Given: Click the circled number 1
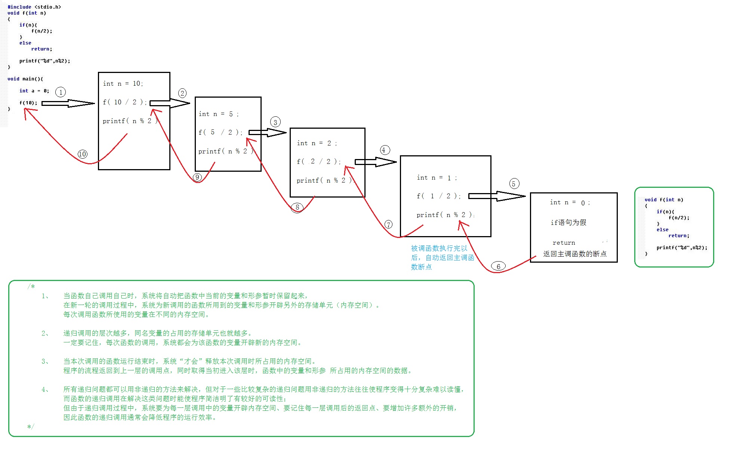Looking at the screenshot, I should (61, 92).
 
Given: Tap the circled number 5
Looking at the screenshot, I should (514, 184).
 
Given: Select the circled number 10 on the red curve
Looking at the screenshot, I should (83, 154).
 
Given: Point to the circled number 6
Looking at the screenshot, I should (498, 266).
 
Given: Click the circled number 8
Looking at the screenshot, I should (297, 207).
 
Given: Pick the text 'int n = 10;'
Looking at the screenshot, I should (123, 83).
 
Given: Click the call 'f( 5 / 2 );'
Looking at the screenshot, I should (221, 132).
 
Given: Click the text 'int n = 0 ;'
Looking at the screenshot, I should (570, 202).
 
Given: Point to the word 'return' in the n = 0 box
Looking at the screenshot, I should (564, 243).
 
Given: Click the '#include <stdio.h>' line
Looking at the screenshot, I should (34, 7).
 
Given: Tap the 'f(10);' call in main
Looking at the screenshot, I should (28, 103).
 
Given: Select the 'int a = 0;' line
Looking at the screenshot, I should (34, 91).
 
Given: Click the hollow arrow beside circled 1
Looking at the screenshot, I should (68, 103).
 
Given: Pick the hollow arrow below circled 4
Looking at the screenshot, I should (375, 162).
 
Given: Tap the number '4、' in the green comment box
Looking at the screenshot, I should (45, 390).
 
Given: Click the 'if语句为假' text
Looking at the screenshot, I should (568, 223).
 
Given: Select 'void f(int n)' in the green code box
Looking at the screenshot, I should (664, 200).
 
